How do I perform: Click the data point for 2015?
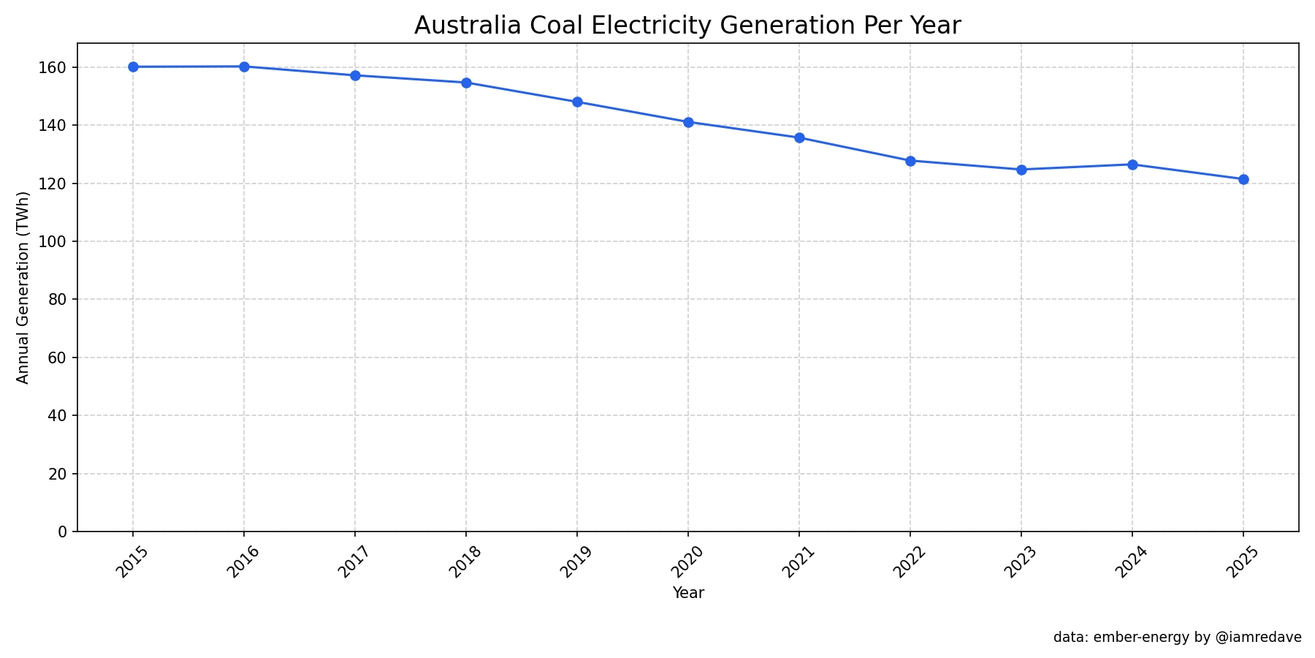click(133, 67)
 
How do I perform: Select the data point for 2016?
click(244, 67)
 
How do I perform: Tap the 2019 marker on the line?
click(577, 102)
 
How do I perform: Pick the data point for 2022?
click(910, 161)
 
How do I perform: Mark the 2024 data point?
click(1132, 164)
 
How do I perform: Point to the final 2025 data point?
click(1243, 179)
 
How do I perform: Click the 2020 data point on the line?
click(688, 122)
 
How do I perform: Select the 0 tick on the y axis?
click(64, 532)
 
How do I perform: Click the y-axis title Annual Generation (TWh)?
click(23, 287)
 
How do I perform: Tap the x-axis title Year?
click(688, 593)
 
